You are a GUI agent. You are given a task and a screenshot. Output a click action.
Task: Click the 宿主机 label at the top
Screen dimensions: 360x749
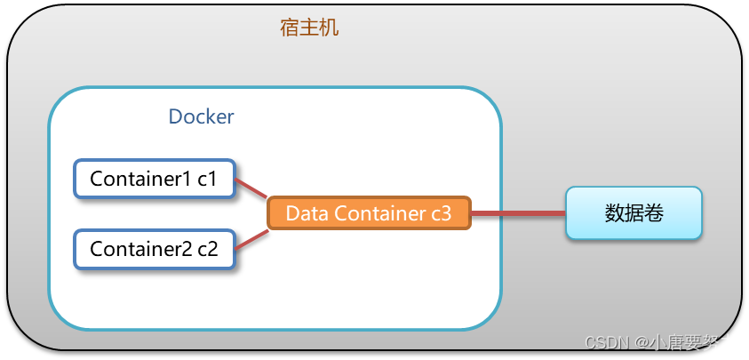point(309,28)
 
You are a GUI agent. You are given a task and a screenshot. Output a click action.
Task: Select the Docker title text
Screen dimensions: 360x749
point(201,116)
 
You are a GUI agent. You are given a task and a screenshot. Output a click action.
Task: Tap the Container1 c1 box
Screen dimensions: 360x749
point(154,179)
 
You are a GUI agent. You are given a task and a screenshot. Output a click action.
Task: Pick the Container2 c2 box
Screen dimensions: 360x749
point(154,249)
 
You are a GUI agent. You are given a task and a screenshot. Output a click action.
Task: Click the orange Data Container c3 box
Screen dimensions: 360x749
point(369,213)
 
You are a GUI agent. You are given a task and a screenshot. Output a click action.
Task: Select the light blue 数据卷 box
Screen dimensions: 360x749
point(633,213)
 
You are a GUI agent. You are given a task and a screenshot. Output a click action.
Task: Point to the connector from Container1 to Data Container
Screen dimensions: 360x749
point(251,188)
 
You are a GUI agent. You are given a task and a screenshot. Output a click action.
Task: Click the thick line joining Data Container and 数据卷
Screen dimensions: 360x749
point(518,214)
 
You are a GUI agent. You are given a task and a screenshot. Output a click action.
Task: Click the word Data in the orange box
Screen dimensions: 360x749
point(305,213)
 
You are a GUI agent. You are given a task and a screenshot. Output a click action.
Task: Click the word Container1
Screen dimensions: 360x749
point(140,179)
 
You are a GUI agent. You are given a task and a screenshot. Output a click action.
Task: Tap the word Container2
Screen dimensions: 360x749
point(140,249)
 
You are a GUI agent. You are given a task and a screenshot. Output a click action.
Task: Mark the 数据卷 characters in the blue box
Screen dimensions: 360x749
point(633,213)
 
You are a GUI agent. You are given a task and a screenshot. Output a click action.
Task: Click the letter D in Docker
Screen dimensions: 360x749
point(175,116)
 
